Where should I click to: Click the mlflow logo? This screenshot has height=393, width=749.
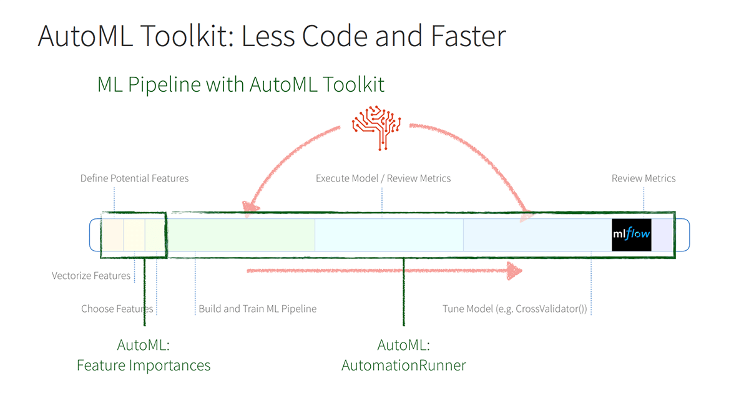click(631, 235)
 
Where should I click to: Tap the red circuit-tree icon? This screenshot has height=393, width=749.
click(376, 128)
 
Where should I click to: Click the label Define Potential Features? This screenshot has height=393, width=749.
click(134, 178)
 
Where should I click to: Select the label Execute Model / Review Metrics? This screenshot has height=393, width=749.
click(383, 178)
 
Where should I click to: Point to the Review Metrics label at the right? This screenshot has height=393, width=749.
click(644, 178)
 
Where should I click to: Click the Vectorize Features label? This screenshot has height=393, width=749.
click(91, 275)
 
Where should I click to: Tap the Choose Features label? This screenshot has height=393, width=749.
click(117, 308)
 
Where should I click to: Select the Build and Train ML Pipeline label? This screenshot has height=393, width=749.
click(257, 308)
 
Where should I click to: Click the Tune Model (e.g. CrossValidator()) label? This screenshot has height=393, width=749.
click(515, 308)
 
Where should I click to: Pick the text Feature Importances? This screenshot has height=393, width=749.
click(144, 365)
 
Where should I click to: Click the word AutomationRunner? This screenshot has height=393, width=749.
click(404, 365)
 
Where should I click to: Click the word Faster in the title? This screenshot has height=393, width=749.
click(469, 36)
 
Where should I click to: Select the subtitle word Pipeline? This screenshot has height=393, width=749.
click(164, 84)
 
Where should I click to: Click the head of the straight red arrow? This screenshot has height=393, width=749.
click(514, 271)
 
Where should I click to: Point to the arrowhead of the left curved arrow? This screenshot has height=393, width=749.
click(250, 208)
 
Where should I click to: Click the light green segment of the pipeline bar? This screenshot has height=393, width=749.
click(241, 235)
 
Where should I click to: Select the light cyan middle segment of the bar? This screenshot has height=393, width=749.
click(389, 235)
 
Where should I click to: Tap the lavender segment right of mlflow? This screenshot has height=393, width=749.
click(662, 235)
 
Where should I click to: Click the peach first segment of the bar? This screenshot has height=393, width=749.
click(112, 235)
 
